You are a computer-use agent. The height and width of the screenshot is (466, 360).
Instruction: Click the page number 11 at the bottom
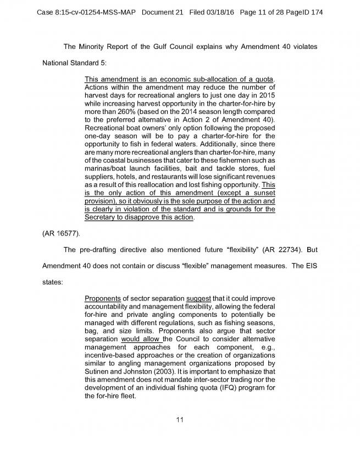(180, 420)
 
